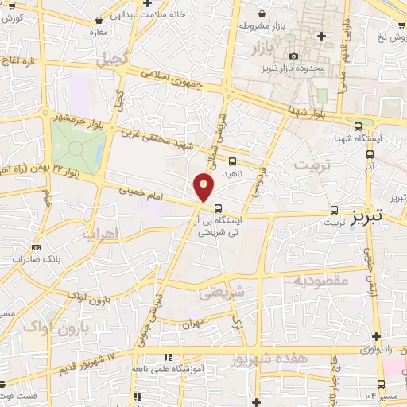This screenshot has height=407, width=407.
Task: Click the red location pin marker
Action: click(204, 187)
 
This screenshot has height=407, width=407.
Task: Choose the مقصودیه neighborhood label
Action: click(320, 281)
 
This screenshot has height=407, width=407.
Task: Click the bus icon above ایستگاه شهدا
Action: click(357, 126)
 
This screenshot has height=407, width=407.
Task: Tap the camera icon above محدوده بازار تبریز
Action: click(294, 56)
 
